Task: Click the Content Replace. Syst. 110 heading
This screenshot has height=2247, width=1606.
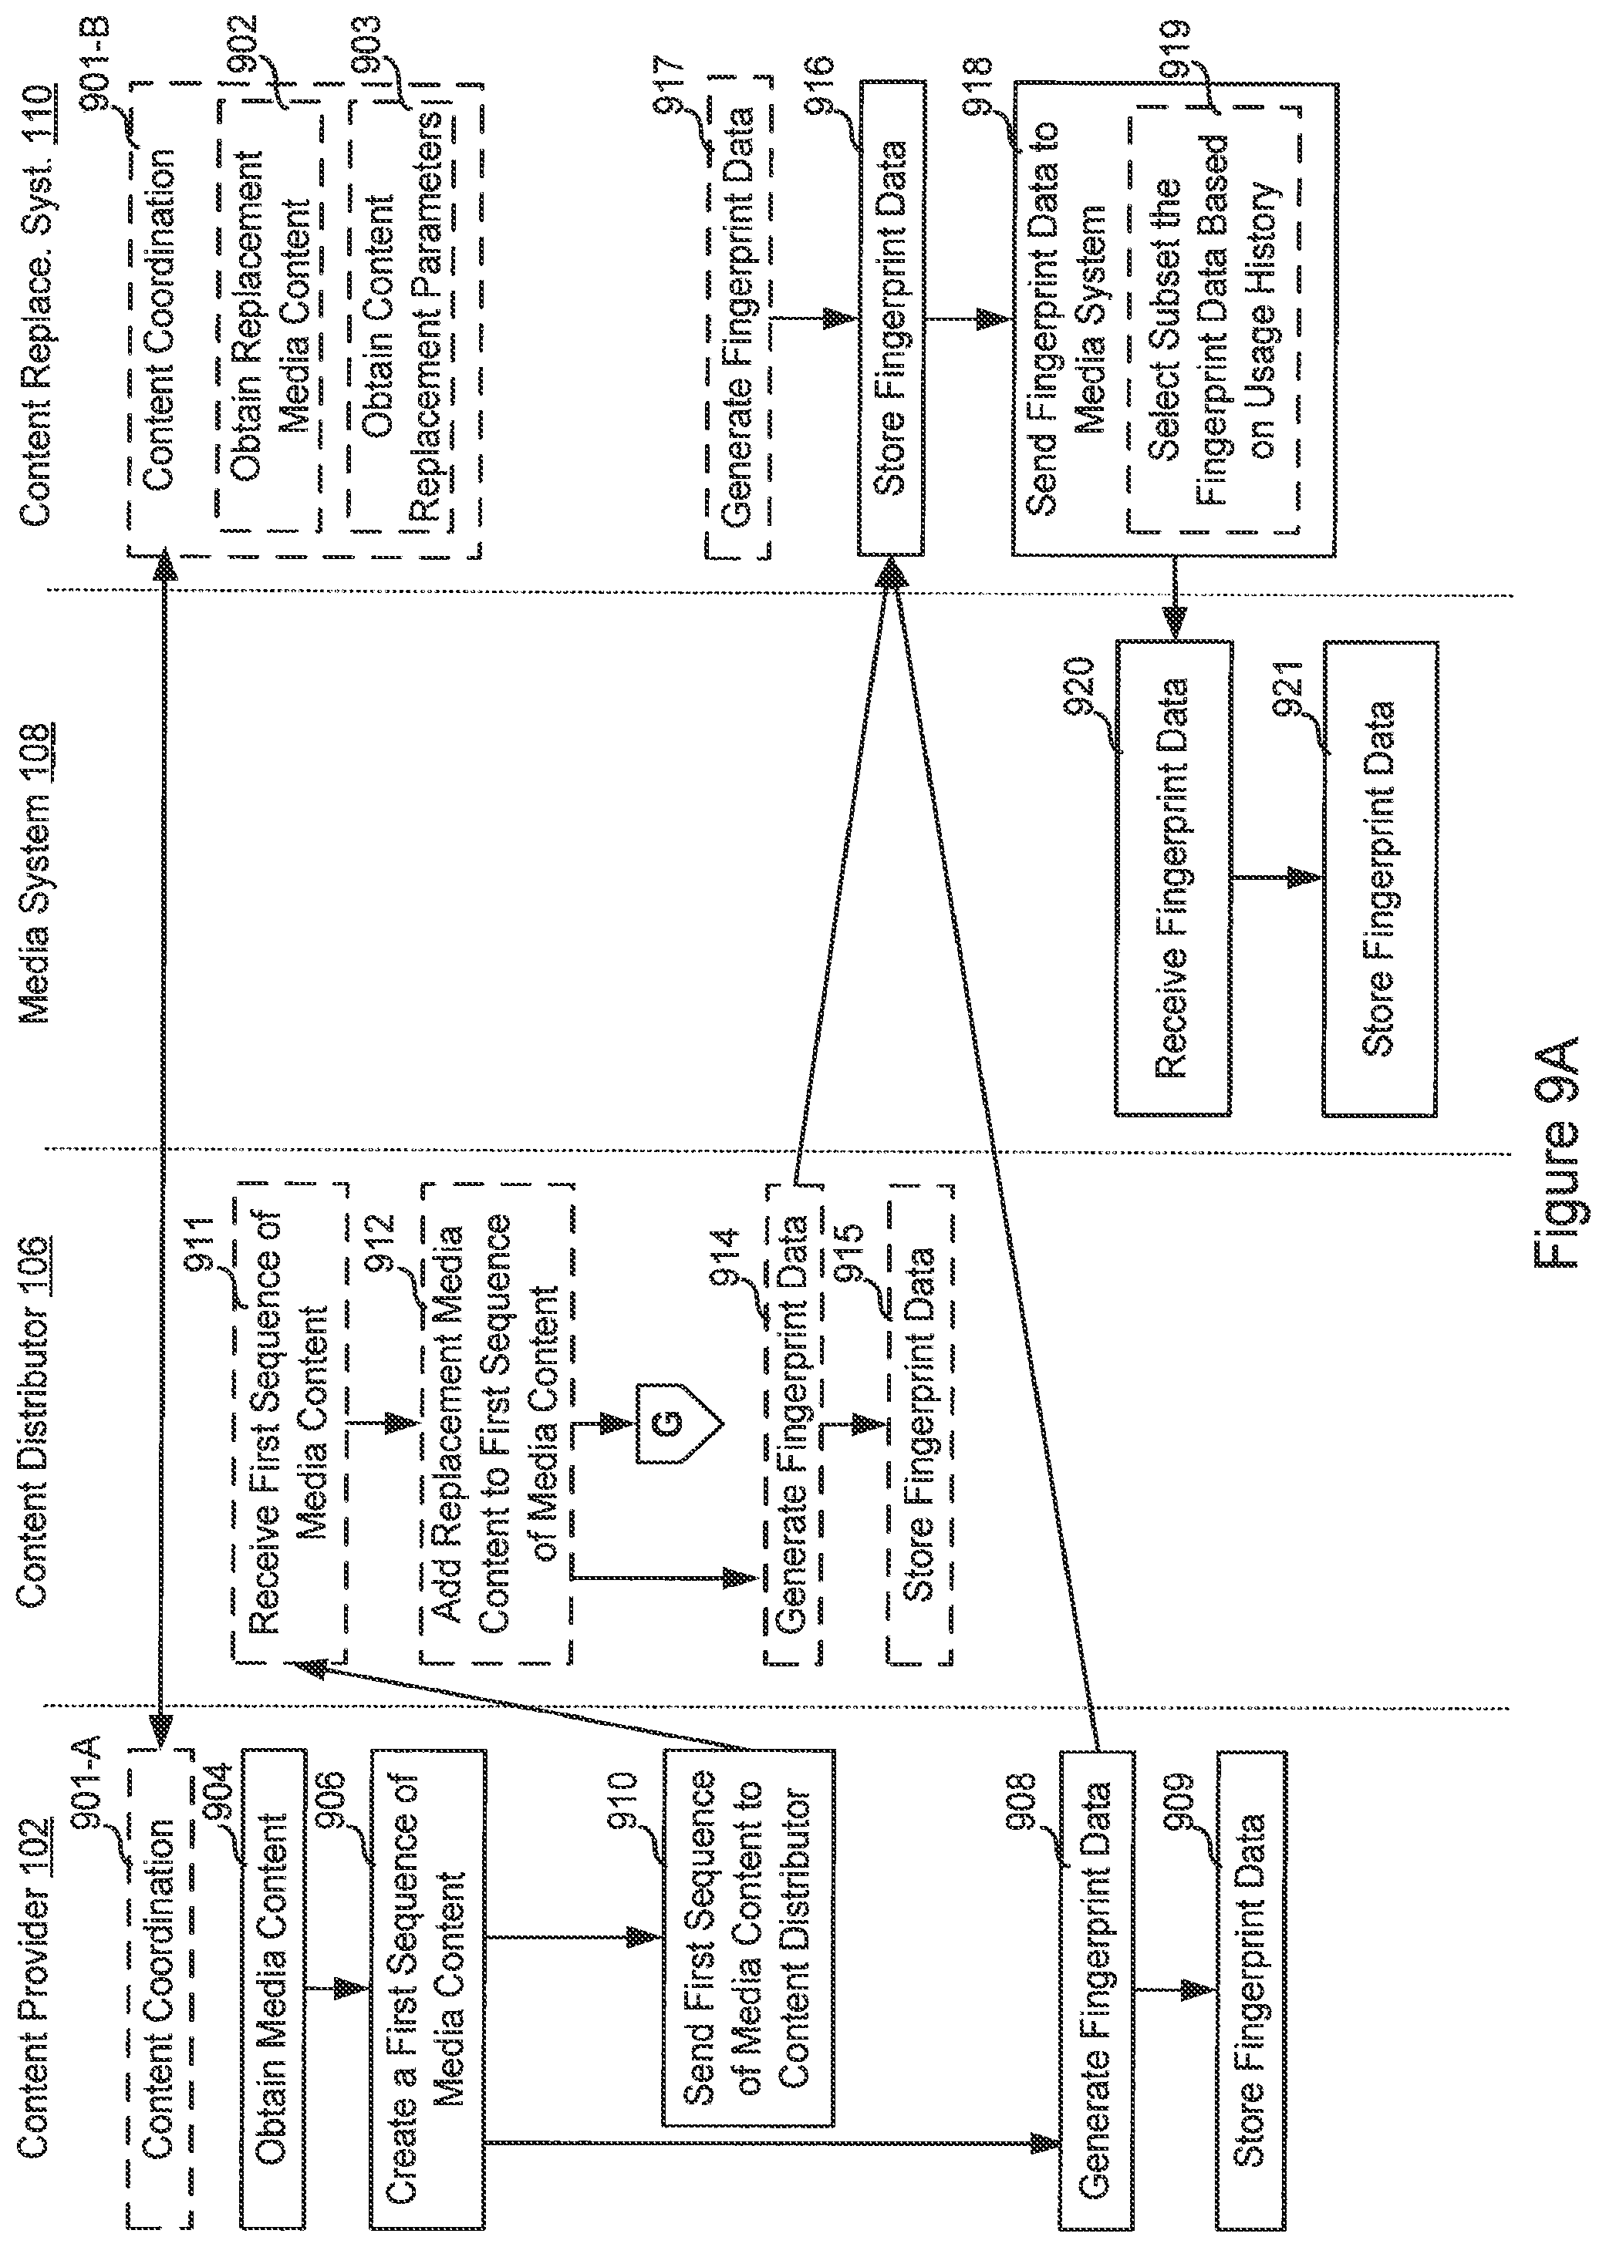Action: (35, 306)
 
